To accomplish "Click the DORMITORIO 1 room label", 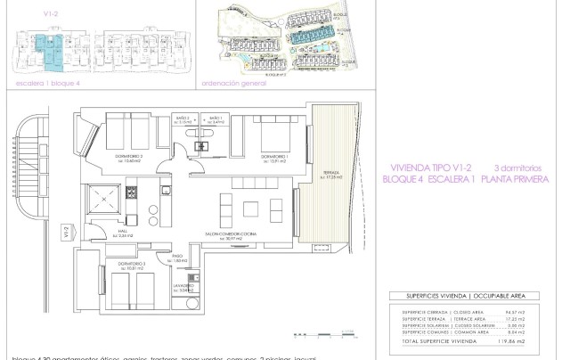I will tap(273, 157).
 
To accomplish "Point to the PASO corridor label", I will tap(178, 256).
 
